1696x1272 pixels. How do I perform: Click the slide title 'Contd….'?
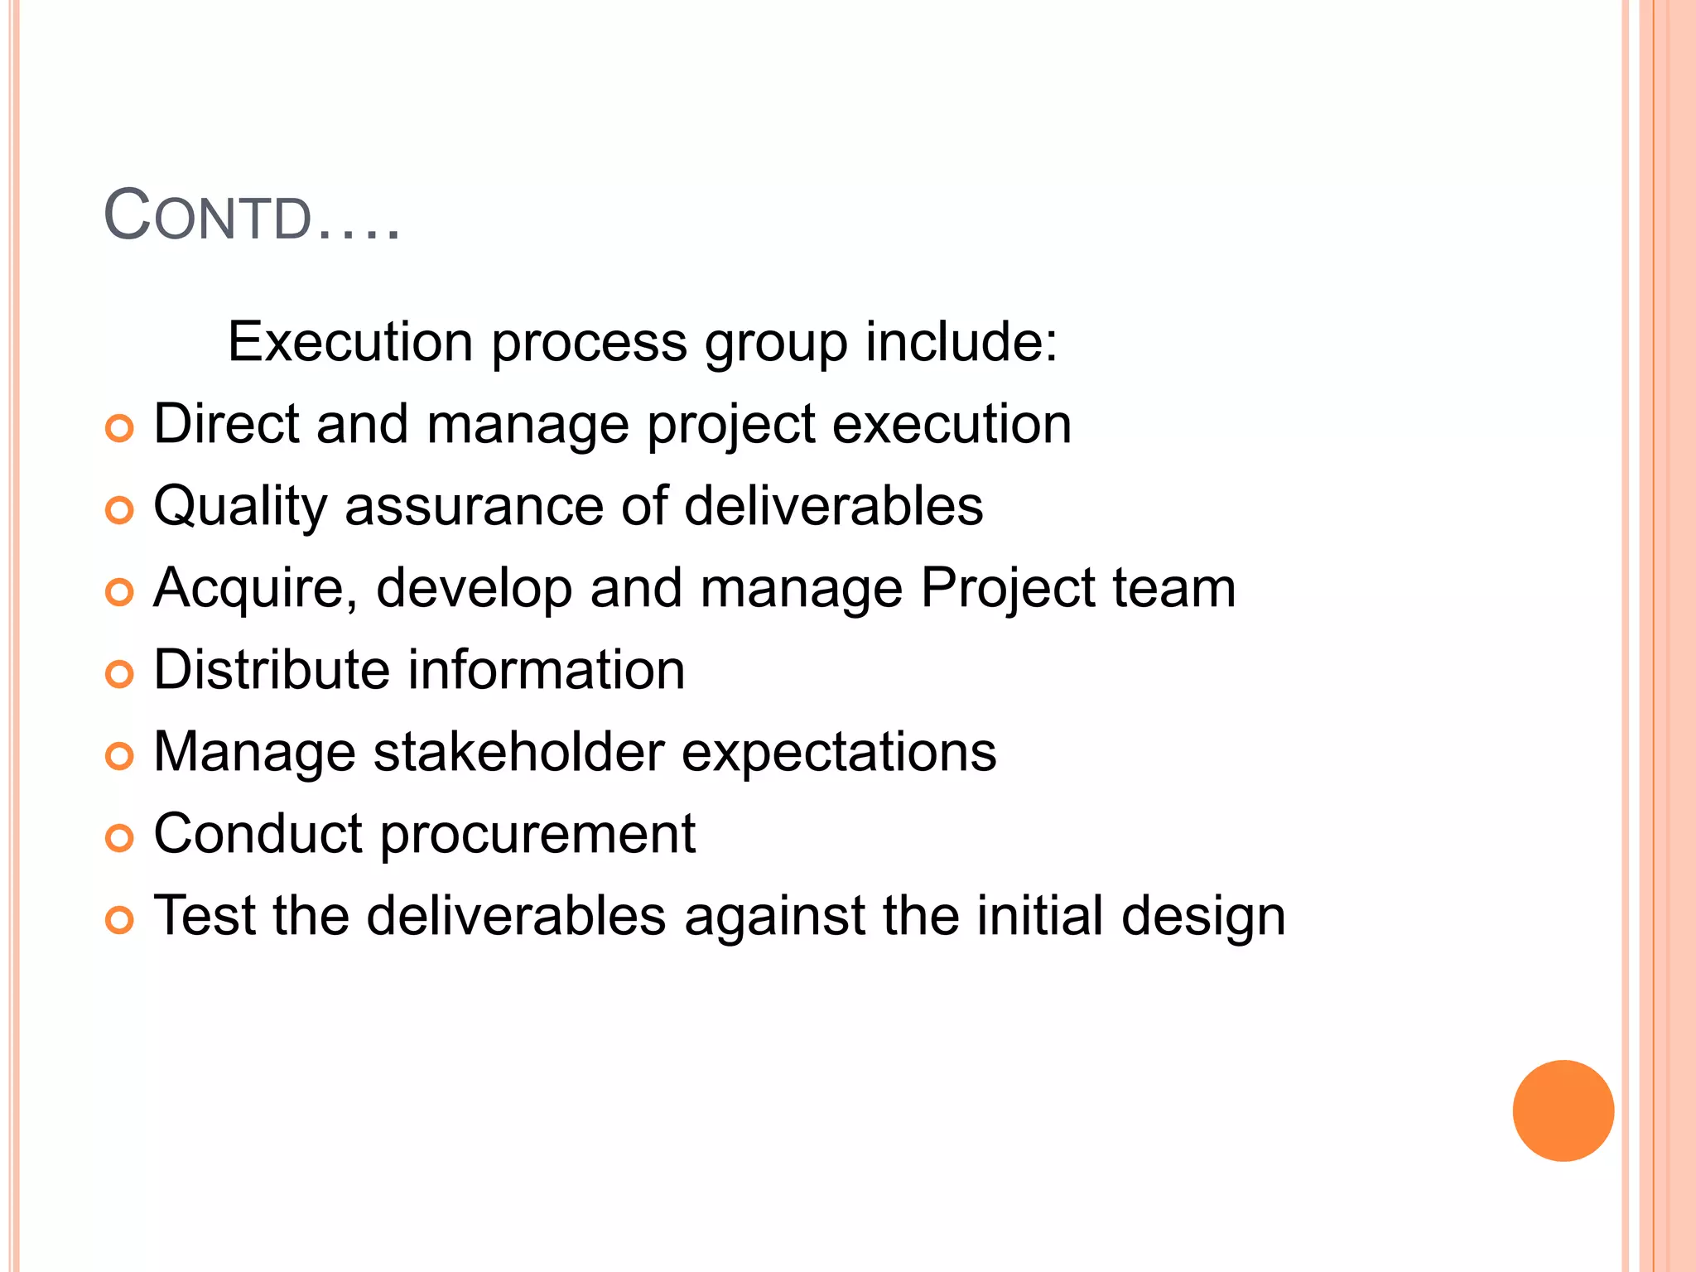click(252, 217)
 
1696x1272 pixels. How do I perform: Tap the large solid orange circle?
click(1563, 1111)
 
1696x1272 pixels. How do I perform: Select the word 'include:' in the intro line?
click(961, 341)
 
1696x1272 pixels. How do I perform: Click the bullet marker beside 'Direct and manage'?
click(119, 429)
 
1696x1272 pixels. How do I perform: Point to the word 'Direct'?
click(225, 424)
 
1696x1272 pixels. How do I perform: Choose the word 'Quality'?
click(240, 507)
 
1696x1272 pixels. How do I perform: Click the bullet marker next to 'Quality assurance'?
click(119, 510)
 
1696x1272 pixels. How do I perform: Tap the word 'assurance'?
click(474, 506)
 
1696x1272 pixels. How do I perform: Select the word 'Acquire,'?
click(255, 588)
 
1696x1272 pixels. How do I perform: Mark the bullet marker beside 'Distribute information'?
click(119, 674)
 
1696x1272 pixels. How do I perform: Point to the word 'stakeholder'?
click(518, 752)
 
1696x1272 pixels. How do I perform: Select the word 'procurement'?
click(537, 835)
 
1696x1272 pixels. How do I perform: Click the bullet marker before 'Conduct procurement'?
click(119, 838)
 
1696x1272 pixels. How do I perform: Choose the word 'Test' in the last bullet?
click(205, 916)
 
